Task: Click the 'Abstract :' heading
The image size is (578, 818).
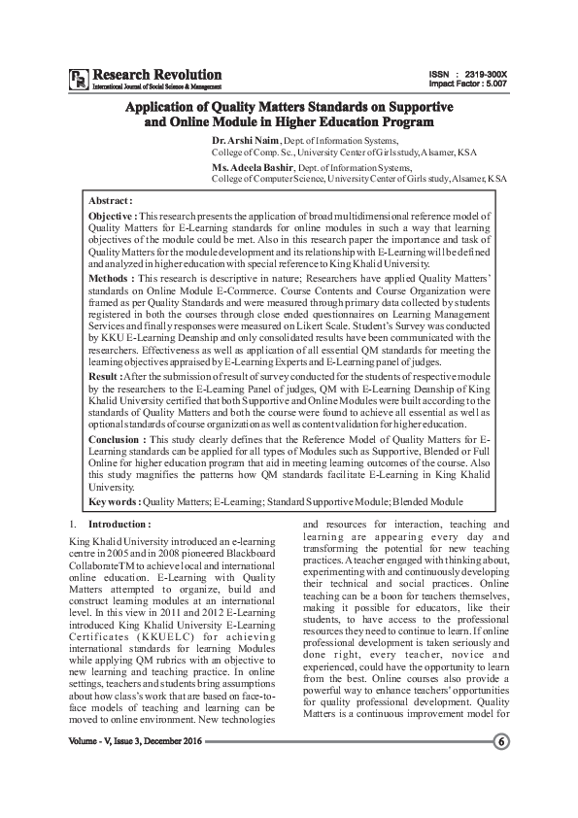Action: [x=110, y=199]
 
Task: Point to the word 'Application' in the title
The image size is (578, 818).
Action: [x=173, y=108]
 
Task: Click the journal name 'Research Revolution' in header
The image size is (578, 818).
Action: [x=156, y=74]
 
